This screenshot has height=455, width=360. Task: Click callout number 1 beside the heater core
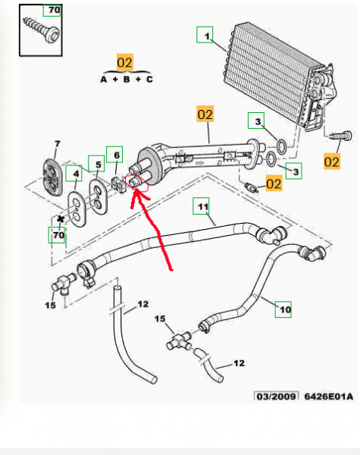(207, 36)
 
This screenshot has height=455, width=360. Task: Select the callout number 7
(57, 143)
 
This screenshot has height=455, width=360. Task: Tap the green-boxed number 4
(76, 174)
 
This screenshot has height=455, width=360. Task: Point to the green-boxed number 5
(99, 165)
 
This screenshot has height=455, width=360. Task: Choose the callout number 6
(117, 155)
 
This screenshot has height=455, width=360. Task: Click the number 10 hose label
(285, 309)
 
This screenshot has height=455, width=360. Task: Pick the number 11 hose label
(203, 206)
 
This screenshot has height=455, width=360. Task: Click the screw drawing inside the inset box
(42, 30)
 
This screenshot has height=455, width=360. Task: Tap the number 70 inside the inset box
(55, 10)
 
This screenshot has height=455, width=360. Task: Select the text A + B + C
(127, 79)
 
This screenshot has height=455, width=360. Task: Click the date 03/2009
(276, 396)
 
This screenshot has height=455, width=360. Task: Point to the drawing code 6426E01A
(329, 396)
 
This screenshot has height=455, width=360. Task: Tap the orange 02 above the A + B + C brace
(125, 62)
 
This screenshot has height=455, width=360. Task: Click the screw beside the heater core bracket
(340, 136)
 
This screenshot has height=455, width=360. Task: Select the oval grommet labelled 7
(53, 177)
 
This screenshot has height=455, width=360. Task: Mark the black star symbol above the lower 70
(61, 219)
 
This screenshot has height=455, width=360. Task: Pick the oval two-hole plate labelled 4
(77, 209)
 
